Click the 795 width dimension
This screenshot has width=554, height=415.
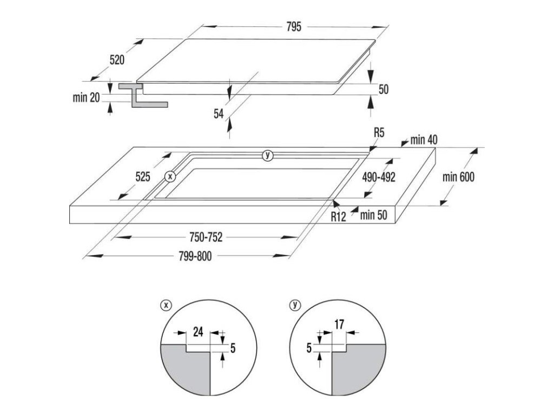[294, 26]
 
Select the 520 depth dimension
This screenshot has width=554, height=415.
[117, 60]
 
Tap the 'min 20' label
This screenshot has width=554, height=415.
[86, 97]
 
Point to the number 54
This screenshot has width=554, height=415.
[219, 113]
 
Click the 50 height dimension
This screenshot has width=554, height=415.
[384, 90]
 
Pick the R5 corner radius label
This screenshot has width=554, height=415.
[378, 133]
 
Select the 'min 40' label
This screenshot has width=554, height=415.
[423, 140]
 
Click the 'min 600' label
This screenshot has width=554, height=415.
[458, 177]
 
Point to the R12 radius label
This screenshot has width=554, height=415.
[338, 216]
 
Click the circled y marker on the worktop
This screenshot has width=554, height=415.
[267, 156]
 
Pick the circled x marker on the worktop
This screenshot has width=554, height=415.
[170, 176]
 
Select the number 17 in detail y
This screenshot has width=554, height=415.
[339, 325]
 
